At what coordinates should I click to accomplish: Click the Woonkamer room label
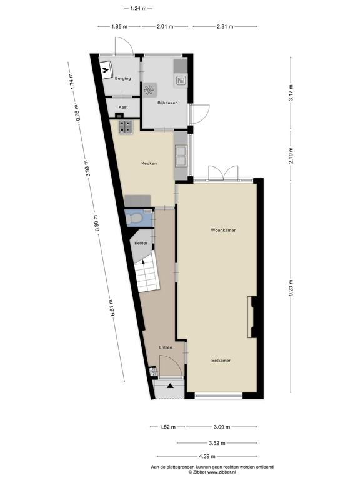tap(223, 230)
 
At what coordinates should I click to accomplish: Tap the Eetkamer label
tap(221, 360)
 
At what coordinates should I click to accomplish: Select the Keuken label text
tap(149, 163)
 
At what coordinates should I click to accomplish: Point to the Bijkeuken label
tap(167, 102)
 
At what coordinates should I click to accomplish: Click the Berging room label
tap(122, 78)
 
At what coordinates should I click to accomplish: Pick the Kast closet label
tap(123, 107)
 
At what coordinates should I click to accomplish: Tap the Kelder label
tap(141, 243)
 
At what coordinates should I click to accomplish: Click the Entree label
tap(165, 347)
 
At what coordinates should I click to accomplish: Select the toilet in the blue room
tap(134, 218)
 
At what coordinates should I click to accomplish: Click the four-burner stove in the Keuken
tap(126, 127)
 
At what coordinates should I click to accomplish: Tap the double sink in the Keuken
tap(181, 155)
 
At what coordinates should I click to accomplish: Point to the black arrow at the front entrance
tap(170, 386)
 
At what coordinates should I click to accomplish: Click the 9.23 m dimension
tap(291, 288)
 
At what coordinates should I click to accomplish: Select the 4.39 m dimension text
tap(207, 456)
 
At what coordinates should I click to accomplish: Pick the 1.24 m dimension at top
tap(138, 8)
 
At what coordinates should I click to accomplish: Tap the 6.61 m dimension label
tap(111, 308)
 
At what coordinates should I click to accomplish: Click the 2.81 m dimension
tap(225, 27)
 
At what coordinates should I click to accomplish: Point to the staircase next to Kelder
tap(147, 275)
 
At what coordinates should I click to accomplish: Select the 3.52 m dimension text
tap(217, 443)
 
